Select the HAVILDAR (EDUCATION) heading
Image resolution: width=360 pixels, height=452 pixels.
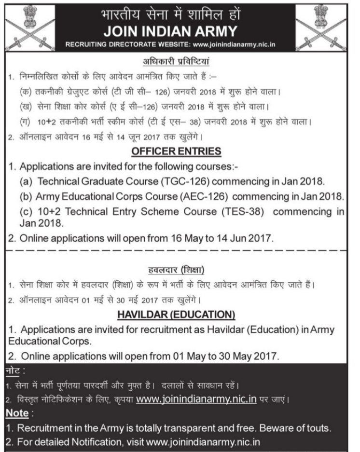(177, 315)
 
